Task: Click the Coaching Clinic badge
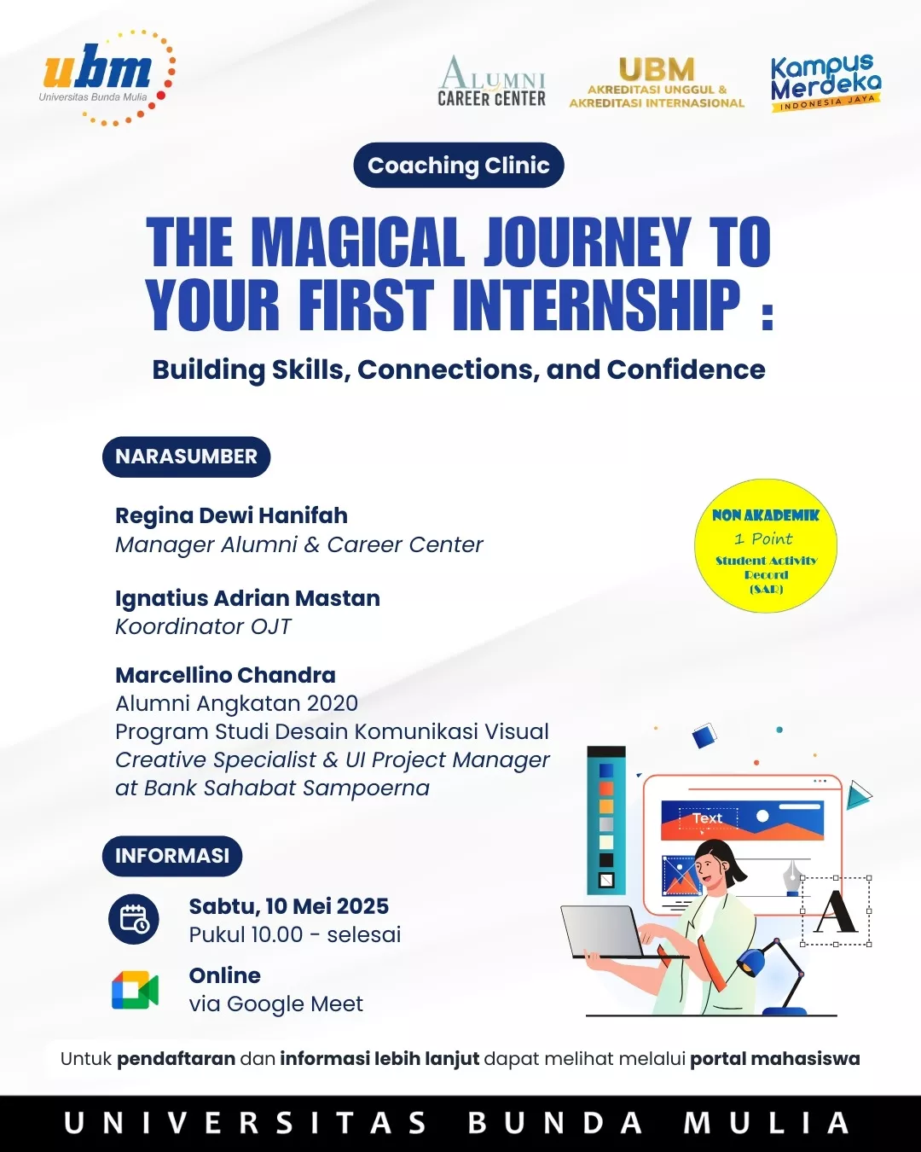(459, 165)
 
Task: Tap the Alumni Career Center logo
(492, 81)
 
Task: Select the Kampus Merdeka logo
(825, 83)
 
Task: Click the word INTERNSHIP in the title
(597, 305)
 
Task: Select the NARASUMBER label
(186, 457)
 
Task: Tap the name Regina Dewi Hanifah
(232, 515)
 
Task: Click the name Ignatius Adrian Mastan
(248, 598)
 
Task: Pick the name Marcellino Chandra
(225, 675)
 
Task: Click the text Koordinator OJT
(203, 627)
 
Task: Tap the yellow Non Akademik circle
(766, 545)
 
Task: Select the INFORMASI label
(171, 855)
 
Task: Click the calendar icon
(134, 919)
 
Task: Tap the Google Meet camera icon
(135, 990)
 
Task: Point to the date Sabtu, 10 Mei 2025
(289, 906)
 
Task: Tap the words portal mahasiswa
(775, 1058)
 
